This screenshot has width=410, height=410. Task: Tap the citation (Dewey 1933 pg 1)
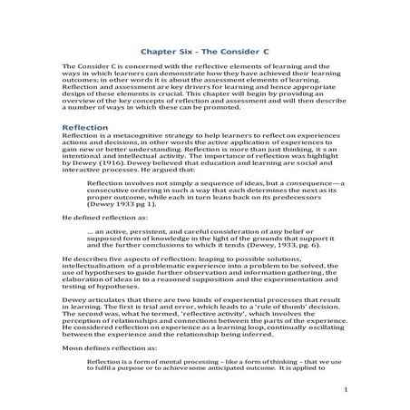point(116,218)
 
